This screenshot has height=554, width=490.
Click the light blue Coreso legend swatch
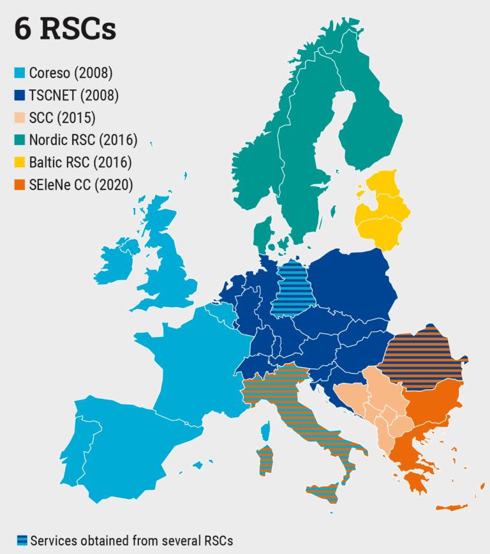20,73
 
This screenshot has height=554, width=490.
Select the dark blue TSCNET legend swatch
20,95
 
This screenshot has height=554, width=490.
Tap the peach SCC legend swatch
20,117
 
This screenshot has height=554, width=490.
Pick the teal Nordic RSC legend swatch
20,140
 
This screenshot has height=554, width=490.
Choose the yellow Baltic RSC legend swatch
20,162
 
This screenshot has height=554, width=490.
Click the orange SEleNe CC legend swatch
20,184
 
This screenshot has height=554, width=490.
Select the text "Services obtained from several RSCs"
131,540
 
